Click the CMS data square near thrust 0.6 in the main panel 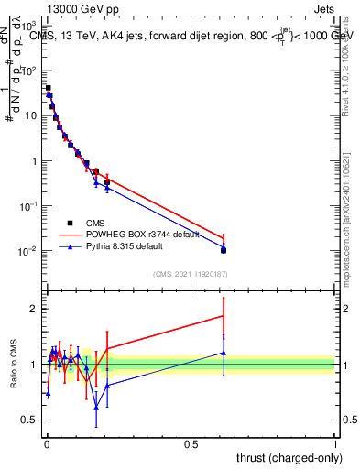[x=224, y=250]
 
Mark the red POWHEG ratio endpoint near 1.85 [x=224, y=316]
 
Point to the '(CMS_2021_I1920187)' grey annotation [x=190, y=272]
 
